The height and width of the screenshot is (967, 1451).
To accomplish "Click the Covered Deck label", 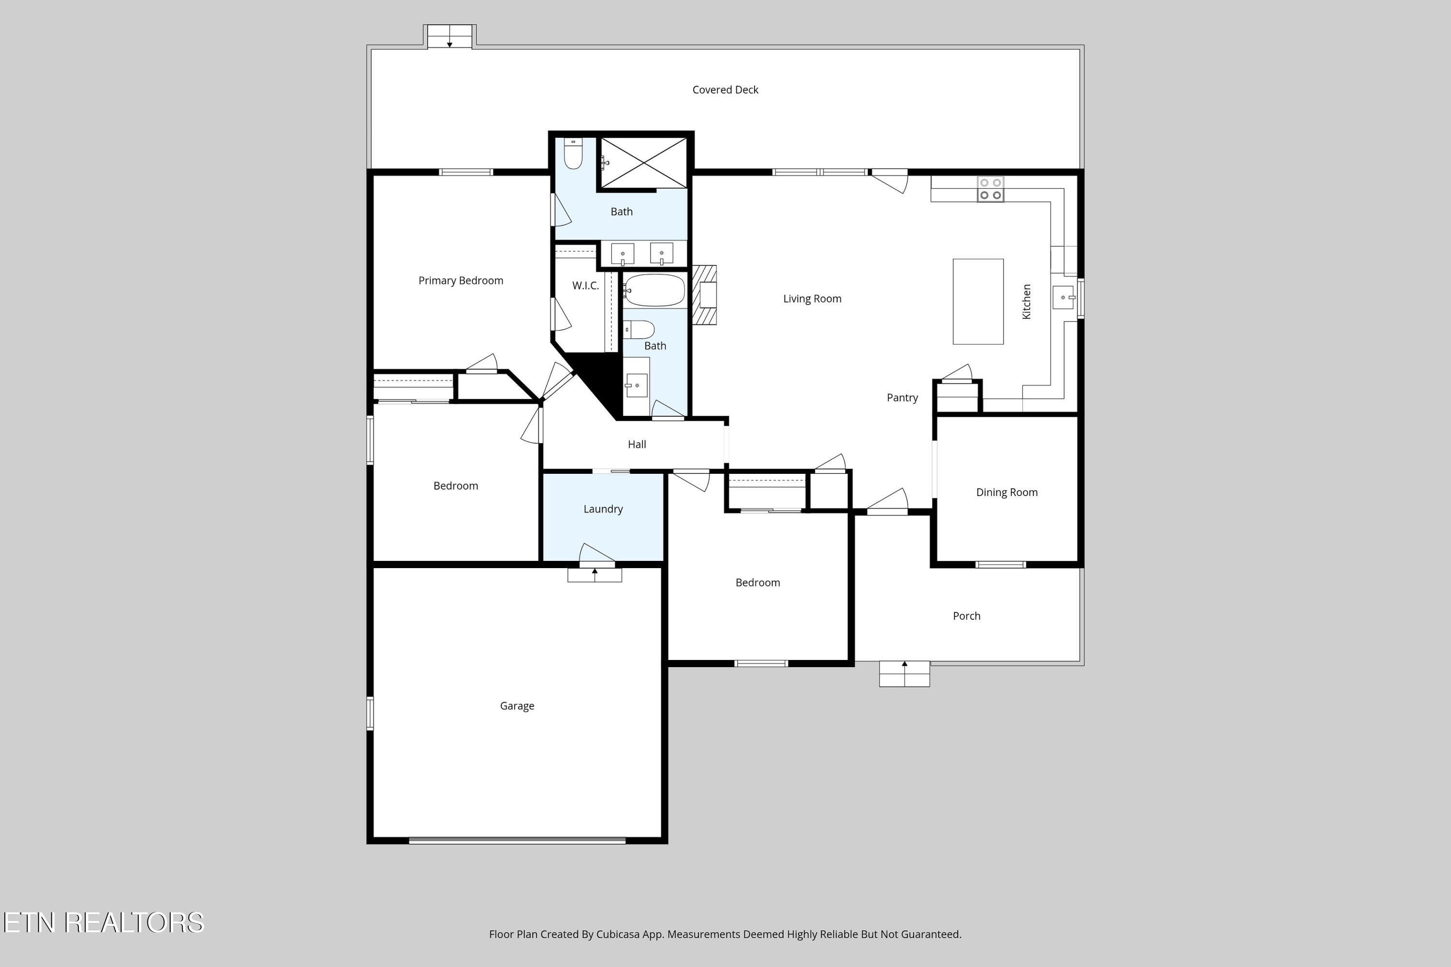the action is tap(725, 90).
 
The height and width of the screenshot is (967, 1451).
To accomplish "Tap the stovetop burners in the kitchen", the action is tap(990, 190).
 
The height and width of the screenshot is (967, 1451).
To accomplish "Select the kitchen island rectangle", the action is tap(978, 302).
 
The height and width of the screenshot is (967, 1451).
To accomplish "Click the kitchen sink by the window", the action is tap(1062, 297).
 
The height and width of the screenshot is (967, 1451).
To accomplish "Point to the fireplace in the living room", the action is tap(705, 295).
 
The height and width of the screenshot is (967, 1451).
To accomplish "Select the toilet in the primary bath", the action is tap(573, 154).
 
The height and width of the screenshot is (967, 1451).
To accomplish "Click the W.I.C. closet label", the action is tap(585, 286).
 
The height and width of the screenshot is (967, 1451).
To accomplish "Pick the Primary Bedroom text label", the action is tap(461, 280).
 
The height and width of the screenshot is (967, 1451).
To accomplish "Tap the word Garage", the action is tap(517, 706).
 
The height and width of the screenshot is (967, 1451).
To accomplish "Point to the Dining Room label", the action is tap(1007, 492).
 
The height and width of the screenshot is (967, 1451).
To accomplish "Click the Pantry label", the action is tap(902, 398).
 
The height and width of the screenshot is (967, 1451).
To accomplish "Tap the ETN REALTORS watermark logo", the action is tap(104, 923).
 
